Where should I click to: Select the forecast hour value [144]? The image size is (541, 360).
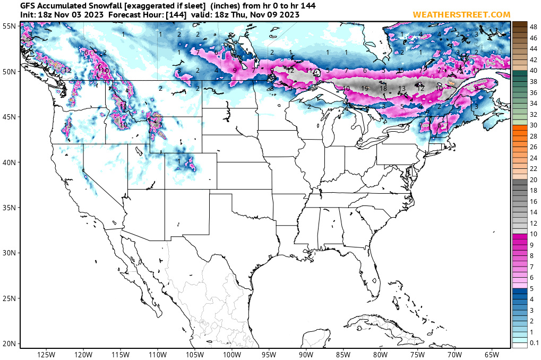[158, 15]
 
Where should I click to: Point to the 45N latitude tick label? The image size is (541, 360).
[8, 117]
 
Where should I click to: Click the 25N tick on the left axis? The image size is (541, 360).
[8, 298]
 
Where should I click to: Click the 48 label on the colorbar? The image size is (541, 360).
[533, 24]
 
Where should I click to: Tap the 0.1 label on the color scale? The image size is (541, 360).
[534, 343]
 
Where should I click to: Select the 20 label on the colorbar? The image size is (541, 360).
[533, 179]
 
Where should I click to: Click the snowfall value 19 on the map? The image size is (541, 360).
[365, 89]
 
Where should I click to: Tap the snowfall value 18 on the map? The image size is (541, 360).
[383, 89]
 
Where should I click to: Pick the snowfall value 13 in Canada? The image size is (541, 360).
[402, 89]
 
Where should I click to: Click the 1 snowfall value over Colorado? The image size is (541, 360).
[179, 161]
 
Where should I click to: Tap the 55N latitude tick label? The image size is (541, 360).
[8, 25]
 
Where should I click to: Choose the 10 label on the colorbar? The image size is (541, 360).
[533, 234]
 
